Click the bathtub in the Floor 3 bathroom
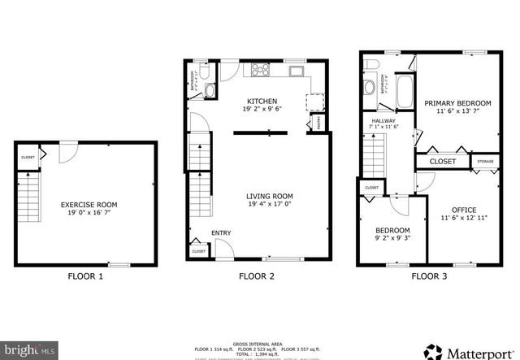point(403,92)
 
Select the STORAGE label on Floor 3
point(485,162)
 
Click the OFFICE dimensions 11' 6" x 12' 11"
point(464,219)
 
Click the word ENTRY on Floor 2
point(221,233)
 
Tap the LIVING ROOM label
point(270,197)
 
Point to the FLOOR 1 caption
point(84,276)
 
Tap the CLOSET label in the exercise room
point(28,158)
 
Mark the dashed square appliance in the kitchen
point(314,100)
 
